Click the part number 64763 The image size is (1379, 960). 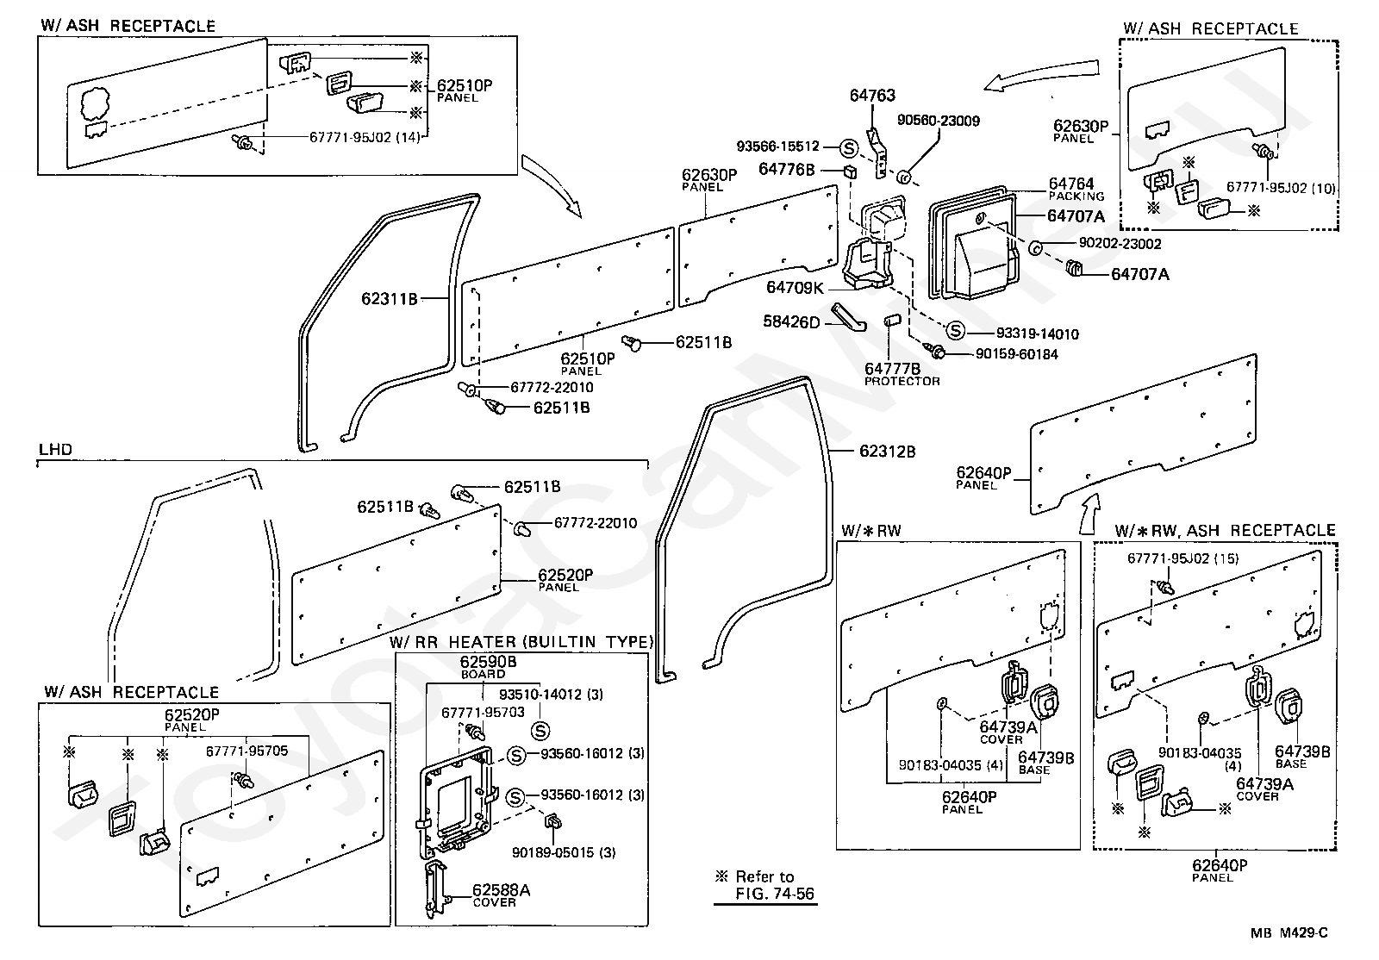[x=871, y=96]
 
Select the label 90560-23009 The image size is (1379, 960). [x=938, y=121]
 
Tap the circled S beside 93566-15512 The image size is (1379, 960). [x=849, y=147]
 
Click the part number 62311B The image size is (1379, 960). [x=389, y=299]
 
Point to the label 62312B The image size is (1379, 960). [x=887, y=452]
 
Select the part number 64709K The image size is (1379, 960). [x=794, y=287]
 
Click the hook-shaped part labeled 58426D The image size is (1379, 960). [x=848, y=315]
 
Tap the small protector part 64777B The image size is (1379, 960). [x=892, y=321]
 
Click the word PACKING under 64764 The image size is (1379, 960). [x=1076, y=196]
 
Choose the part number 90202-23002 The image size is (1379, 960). [x=1120, y=244]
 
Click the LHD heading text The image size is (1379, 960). [x=55, y=449]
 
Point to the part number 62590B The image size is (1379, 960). [x=488, y=662]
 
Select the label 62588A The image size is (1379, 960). [x=501, y=890]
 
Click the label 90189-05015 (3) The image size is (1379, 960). [x=564, y=852]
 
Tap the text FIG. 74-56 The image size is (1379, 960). [x=775, y=894]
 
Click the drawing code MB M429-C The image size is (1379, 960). [x=1289, y=933]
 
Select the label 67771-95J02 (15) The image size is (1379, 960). [x=1182, y=558]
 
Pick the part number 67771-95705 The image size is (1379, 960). [x=246, y=751]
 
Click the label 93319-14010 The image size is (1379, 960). [x=1038, y=334]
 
